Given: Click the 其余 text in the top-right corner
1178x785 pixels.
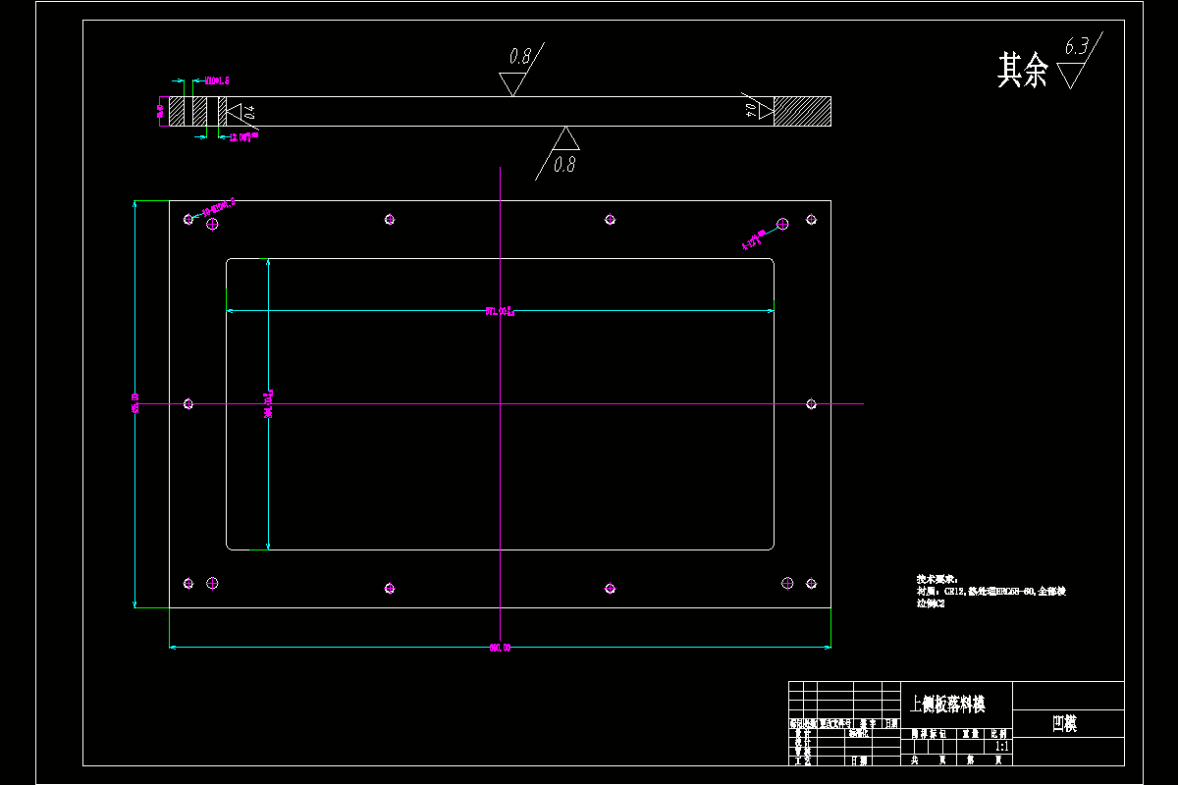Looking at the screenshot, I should [1023, 70].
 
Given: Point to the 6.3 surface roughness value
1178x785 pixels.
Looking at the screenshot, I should [1076, 46].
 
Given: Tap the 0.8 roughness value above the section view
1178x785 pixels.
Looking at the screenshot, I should [518, 57].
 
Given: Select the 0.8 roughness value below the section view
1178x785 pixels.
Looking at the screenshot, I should [563, 165].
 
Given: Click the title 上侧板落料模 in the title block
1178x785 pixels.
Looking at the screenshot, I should [947, 704].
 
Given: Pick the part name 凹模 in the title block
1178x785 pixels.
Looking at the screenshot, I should [1064, 724].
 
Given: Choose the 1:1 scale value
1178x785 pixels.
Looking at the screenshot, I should [1001, 747].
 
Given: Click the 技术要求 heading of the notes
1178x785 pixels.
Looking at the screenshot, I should [929, 579].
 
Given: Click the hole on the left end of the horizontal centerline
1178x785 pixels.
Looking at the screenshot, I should [188, 403].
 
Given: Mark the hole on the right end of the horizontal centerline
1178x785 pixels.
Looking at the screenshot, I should [811, 403].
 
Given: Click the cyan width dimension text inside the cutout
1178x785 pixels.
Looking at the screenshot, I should [500, 312].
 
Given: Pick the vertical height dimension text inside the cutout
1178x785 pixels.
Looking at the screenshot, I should [267, 403].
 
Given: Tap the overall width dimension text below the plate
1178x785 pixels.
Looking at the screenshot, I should [500, 648].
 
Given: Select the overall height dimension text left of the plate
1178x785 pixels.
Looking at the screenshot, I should [135, 403].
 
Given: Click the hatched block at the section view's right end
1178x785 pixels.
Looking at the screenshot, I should [802, 111].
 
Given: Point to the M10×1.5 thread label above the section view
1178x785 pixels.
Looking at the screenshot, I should [216, 80].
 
